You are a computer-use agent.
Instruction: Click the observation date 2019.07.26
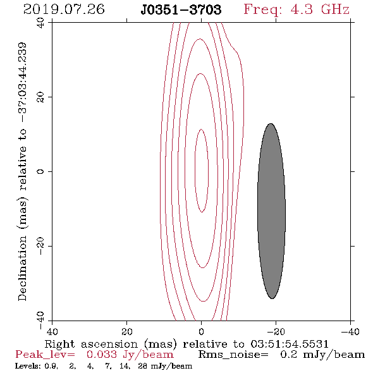tap(64, 9)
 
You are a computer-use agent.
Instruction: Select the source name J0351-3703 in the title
tap(181, 9)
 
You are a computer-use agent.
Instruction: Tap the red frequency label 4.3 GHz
tap(320, 9)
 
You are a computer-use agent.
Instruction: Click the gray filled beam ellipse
tap(271, 211)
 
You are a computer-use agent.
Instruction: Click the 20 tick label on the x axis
tap(127, 331)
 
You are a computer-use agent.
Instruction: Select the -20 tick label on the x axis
tap(276, 331)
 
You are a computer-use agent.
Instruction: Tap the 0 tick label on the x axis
tap(202, 331)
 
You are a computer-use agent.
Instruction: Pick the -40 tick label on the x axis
tap(350, 331)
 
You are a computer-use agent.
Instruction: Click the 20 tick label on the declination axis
tap(40, 97)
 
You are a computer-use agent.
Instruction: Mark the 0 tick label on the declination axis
tap(40, 171)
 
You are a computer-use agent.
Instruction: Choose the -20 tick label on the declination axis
tap(40, 246)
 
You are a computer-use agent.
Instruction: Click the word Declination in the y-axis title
tap(22, 268)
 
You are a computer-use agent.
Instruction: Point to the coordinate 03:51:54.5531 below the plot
tap(290, 344)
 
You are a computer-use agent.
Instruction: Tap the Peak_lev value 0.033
tap(102, 355)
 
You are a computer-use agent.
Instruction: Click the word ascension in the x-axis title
tap(109, 344)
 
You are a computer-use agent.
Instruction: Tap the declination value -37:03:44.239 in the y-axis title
tap(22, 82)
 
